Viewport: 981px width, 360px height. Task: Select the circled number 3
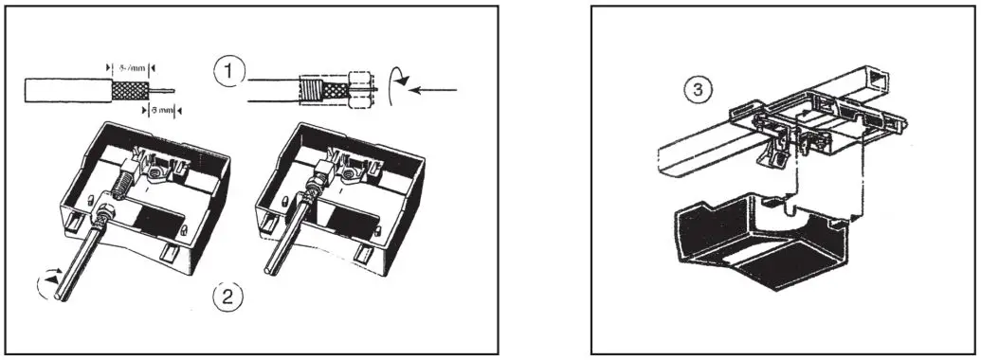[x=695, y=90]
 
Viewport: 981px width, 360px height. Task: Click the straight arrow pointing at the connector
[x=437, y=91]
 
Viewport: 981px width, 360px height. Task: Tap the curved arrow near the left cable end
[x=42, y=282]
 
